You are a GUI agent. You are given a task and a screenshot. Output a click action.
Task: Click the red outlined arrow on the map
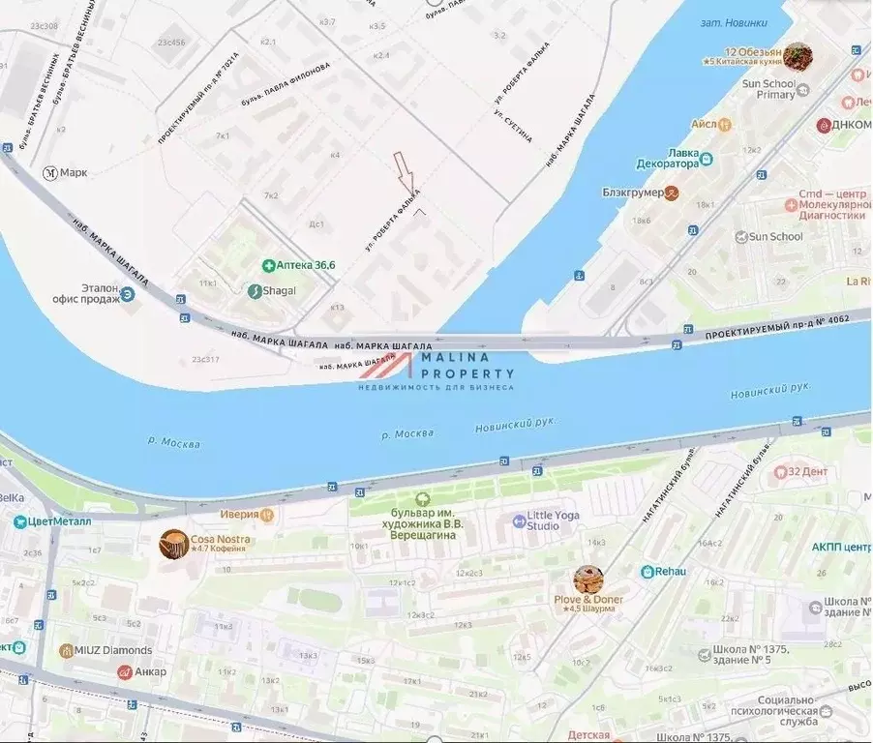[405, 172]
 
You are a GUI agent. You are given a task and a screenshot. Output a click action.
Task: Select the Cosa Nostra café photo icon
[174, 544]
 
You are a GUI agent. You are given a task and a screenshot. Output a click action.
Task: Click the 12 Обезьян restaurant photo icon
[798, 56]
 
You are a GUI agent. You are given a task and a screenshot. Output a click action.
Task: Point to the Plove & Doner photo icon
[587, 580]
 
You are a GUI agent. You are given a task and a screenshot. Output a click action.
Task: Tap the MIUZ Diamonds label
[106, 650]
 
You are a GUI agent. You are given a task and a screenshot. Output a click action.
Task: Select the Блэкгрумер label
[641, 193]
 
